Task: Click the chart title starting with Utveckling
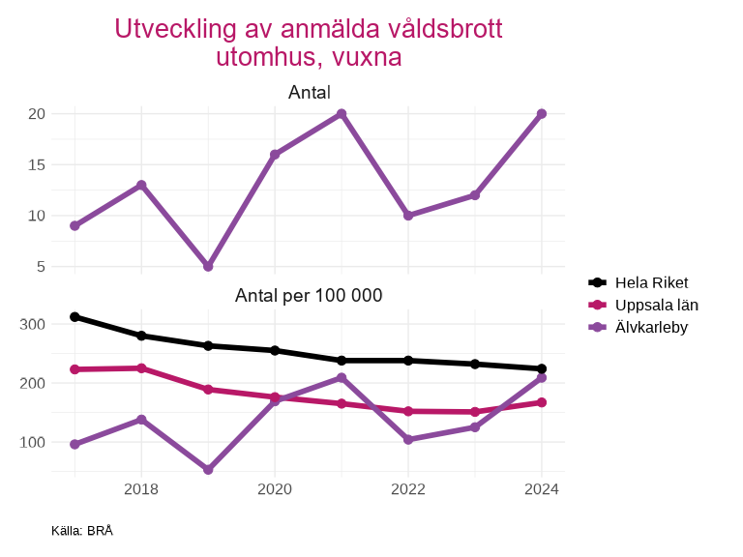click(x=309, y=43)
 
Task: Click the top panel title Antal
click(x=310, y=93)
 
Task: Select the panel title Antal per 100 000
click(x=310, y=295)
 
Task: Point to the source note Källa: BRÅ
click(x=82, y=530)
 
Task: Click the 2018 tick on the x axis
click(x=141, y=489)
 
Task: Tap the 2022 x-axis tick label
click(x=408, y=489)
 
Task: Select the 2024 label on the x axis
click(x=542, y=489)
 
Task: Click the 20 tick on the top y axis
click(x=37, y=114)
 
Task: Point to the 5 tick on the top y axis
click(x=41, y=266)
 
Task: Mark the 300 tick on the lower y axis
click(x=33, y=324)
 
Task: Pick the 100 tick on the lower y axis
click(x=33, y=442)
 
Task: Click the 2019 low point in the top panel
click(x=208, y=266)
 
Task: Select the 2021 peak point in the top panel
click(x=342, y=114)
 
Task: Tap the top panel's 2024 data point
click(x=542, y=114)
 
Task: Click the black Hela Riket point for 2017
click(x=74, y=316)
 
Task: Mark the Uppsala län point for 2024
click(x=542, y=402)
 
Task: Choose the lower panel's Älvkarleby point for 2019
click(x=208, y=470)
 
